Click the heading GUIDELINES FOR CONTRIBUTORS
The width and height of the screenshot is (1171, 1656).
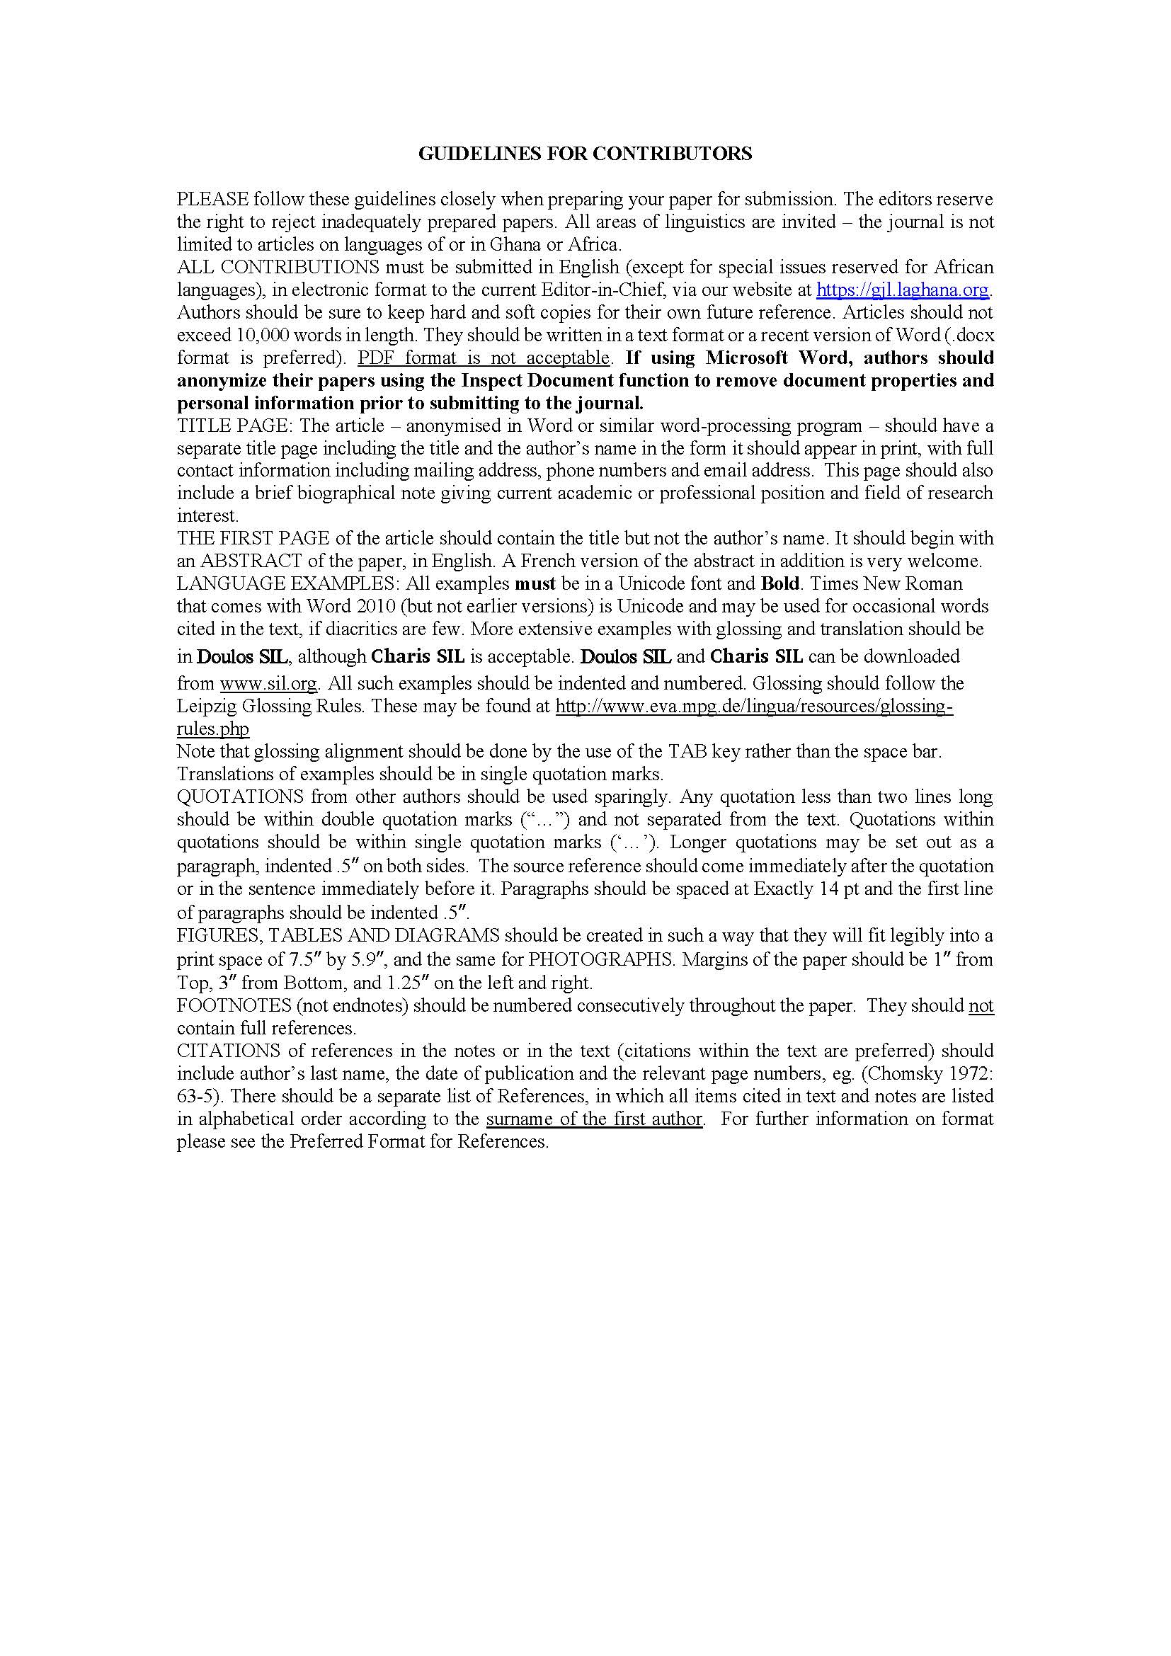585,154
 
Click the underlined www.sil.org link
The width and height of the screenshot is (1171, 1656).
268,683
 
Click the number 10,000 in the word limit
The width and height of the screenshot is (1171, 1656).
265,336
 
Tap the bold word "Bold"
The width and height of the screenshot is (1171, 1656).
780,583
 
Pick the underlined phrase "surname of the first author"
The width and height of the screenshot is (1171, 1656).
594,1119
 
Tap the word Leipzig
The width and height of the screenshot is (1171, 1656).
203,706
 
